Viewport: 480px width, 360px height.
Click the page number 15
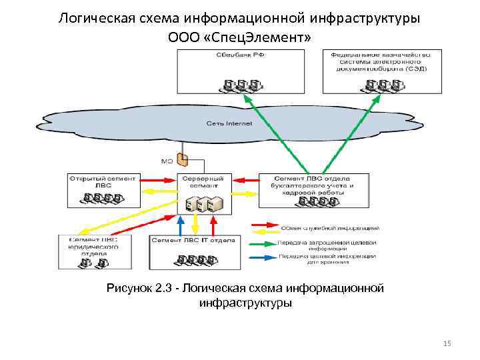[447, 343]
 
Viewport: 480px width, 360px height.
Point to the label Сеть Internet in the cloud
[229, 123]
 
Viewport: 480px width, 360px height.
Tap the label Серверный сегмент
[204, 182]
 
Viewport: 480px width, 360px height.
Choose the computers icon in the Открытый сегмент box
[102, 198]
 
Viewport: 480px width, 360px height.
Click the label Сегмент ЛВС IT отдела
[193, 239]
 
